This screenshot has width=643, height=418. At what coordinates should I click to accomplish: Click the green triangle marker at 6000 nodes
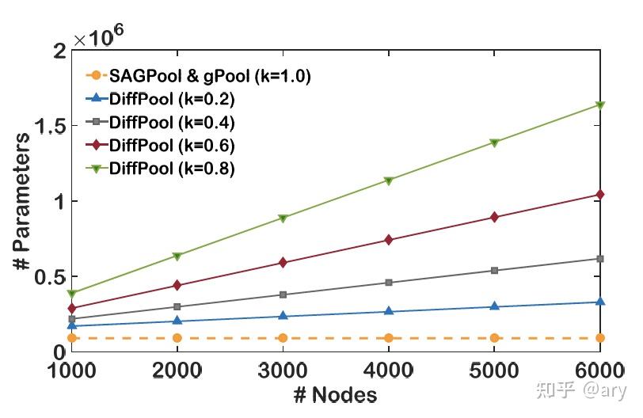(x=599, y=105)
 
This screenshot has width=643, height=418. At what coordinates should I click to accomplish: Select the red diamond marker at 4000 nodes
(x=388, y=240)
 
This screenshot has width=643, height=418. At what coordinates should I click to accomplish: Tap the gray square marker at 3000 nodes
(x=283, y=294)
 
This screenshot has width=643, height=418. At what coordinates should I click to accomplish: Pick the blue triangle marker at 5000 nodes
(x=494, y=306)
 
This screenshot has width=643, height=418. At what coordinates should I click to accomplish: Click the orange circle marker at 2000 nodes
(x=177, y=338)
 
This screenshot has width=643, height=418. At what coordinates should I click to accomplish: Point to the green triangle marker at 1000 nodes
(x=71, y=293)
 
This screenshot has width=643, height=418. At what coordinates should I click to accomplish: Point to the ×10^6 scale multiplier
(x=101, y=33)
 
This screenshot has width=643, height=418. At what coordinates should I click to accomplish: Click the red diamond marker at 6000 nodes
(x=599, y=195)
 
